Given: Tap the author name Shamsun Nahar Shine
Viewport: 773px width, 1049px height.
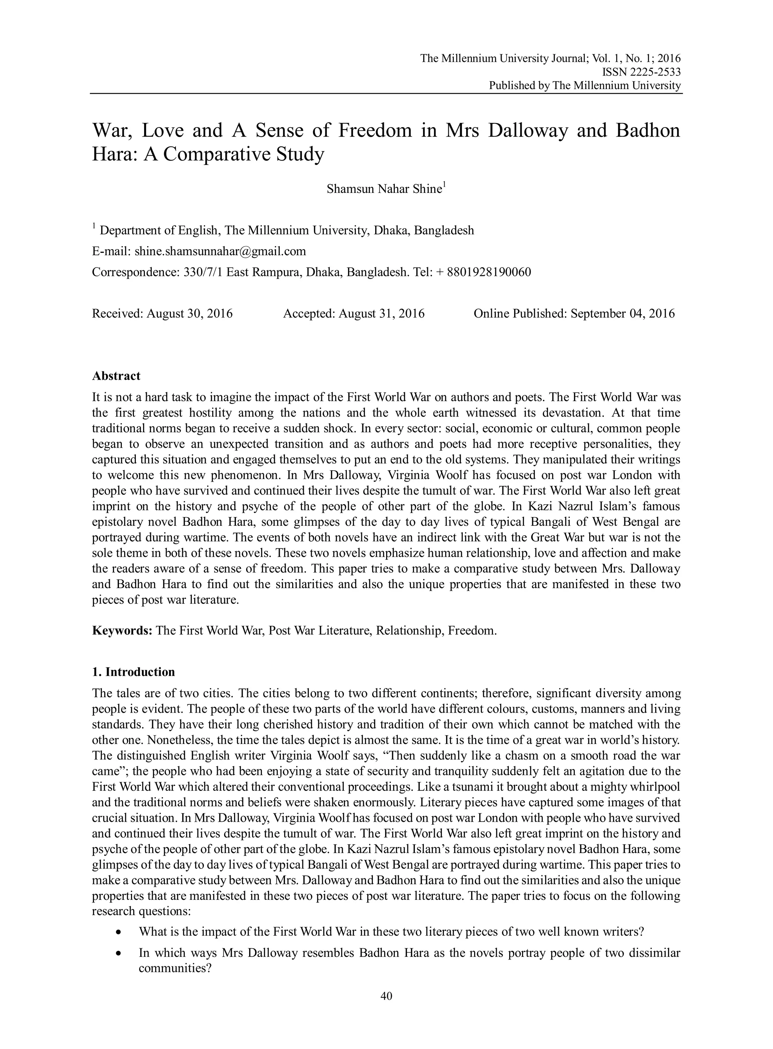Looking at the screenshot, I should (384, 189).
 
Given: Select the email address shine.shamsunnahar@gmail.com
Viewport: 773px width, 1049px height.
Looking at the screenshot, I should (220, 251).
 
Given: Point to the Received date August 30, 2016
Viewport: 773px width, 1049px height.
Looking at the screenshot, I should (189, 313).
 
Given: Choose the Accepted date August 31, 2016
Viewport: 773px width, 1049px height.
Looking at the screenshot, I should (381, 313).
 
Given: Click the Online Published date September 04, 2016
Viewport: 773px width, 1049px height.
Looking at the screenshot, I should (622, 313).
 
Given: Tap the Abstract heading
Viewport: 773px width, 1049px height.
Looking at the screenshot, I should (116, 376).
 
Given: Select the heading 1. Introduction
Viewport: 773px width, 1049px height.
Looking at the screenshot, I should (133, 672).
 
